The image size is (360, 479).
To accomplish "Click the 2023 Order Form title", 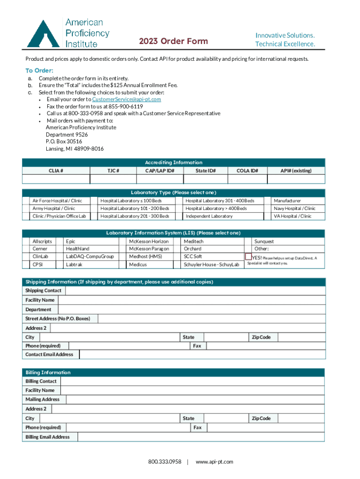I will pos(173,42).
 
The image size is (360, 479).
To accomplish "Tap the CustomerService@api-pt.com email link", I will pos(127,99).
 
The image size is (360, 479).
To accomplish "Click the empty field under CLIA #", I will pos(56,179).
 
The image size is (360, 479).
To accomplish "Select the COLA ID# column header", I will pos(247,171).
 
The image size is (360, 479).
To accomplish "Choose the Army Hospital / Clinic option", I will pos(53,208).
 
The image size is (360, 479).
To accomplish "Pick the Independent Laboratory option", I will pos(209,216).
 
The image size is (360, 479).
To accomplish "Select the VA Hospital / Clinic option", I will pos(292,216).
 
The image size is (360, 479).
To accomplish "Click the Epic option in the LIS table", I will pos(71,241).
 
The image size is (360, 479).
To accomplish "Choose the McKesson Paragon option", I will pos(149,249).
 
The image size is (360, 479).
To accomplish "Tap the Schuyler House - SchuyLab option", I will pos(211,265).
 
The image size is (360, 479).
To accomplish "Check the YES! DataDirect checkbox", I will pos(248,257).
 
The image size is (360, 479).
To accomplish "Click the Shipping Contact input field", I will pos(195,290).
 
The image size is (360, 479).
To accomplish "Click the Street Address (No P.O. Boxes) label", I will pos(57,319).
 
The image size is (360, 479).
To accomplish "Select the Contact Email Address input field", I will pos(202,355).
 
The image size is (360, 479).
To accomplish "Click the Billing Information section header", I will pos(48,372).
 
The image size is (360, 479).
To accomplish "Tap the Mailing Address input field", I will pos(194,399).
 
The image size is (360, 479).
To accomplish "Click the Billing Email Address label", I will pos(48,437).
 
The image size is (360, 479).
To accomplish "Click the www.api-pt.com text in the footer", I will pos(214,462).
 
